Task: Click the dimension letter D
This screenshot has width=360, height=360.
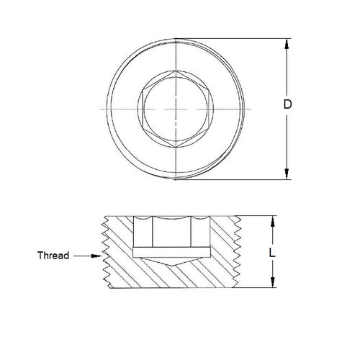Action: (x=288, y=105)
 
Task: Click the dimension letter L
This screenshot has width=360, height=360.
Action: (x=273, y=253)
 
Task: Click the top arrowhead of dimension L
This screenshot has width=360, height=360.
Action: (x=272, y=221)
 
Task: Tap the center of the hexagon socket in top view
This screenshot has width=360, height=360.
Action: (x=175, y=107)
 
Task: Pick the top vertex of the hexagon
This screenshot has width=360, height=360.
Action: (x=175, y=72)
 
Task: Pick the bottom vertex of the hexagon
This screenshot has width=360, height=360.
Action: (x=175, y=143)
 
